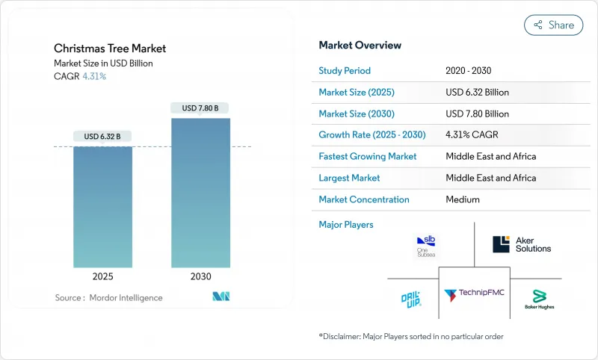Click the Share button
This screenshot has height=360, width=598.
pyautogui.click(x=554, y=25)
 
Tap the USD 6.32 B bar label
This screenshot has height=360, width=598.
pyautogui.click(x=102, y=137)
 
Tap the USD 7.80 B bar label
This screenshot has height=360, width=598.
pyautogui.click(x=200, y=108)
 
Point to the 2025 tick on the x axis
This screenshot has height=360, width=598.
pyautogui.click(x=102, y=276)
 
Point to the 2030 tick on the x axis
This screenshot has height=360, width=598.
pyautogui.click(x=200, y=276)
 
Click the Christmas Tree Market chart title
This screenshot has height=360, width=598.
pyautogui.click(x=110, y=49)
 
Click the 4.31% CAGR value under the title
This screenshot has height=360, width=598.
pyautogui.click(x=94, y=76)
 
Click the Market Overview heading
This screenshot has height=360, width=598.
pyautogui.click(x=360, y=46)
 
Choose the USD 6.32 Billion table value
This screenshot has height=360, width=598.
pyautogui.click(x=477, y=93)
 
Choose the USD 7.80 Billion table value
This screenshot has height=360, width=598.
pyautogui.click(x=477, y=114)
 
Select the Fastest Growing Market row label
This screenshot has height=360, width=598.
pyautogui.click(x=367, y=157)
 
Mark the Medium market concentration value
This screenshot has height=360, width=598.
pyautogui.click(x=463, y=199)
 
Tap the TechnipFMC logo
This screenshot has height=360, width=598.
pyautogui.click(x=474, y=294)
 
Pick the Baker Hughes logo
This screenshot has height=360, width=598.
pyautogui.click(x=543, y=300)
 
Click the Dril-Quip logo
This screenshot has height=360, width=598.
pyautogui.click(x=410, y=299)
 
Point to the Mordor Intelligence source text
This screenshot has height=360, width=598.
pyautogui.click(x=108, y=298)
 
